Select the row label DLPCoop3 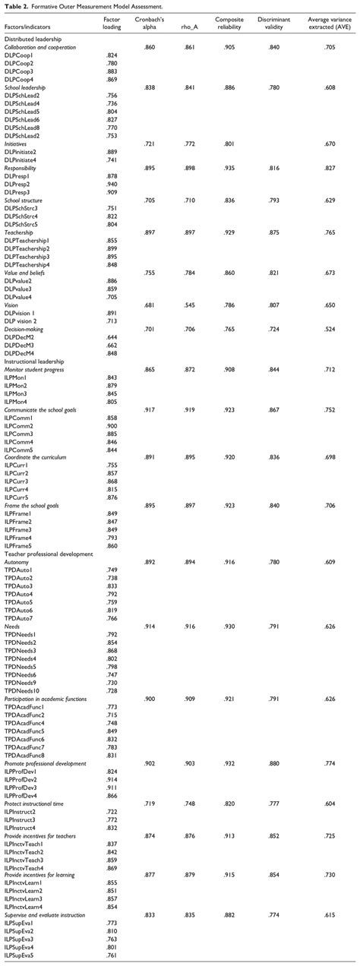[18, 72]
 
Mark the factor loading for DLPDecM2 [112, 337]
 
